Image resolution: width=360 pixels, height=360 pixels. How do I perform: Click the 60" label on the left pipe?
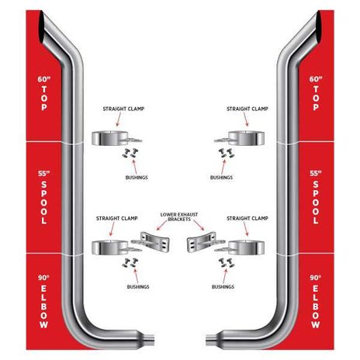43,79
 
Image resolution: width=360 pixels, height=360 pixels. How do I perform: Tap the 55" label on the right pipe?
316,173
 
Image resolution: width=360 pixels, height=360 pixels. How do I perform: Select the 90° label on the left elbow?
43,278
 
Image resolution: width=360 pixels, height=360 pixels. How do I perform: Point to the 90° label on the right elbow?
316,278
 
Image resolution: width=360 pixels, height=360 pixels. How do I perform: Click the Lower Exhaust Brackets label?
179,216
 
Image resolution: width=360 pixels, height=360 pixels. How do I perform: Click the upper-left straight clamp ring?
110,138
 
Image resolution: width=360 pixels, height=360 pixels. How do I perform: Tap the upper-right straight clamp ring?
246,138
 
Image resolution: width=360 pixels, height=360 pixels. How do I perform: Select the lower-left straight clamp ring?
110,247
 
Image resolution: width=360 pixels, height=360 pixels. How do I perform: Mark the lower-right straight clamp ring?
246,247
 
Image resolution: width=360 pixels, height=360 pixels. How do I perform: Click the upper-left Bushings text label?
137,178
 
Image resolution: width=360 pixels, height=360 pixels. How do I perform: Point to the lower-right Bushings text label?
223,287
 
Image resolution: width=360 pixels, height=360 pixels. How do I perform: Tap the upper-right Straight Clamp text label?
247,109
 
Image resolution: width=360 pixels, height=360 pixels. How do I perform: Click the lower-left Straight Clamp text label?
117,218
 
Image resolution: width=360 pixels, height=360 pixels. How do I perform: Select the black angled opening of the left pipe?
42,27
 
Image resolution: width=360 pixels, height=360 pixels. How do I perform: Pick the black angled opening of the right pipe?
318,27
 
